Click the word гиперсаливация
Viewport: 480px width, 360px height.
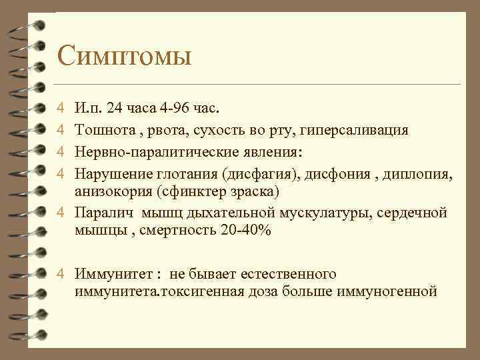click(356, 129)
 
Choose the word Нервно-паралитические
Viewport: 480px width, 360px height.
click(155, 151)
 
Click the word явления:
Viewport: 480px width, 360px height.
click(272, 151)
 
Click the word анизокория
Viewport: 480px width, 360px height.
click(109, 193)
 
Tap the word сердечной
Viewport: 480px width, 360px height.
click(413, 213)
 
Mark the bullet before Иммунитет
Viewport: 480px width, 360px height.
click(60, 274)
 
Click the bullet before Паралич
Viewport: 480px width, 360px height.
click(60, 213)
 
